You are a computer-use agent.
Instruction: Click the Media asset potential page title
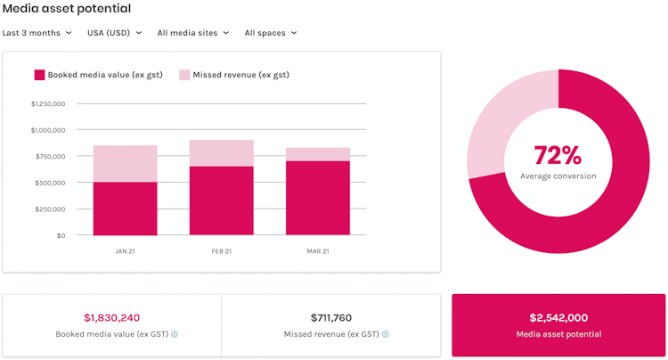pyautogui.click(x=67, y=9)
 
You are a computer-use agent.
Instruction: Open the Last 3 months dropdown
pyautogui.click(x=37, y=33)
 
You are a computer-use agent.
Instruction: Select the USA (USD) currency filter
pyautogui.click(x=113, y=33)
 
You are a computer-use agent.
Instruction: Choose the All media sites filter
pyautogui.click(x=192, y=33)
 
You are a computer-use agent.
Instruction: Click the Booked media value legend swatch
pyautogui.click(x=39, y=75)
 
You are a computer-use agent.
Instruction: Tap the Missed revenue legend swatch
pyautogui.click(x=184, y=75)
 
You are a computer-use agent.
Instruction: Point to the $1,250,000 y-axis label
pyautogui.click(x=48, y=103)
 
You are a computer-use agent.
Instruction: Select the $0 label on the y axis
pyautogui.click(x=61, y=235)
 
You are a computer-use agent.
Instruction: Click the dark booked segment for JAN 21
pyautogui.click(x=125, y=209)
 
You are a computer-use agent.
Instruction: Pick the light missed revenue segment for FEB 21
pyautogui.click(x=221, y=153)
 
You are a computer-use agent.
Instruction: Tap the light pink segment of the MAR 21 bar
pyautogui.click(x=318, y=154)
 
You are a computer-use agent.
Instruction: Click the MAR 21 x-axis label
pyautogui.click(x=318, y=251)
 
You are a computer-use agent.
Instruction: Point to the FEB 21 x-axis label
pyautogui.click(x=221, y=251)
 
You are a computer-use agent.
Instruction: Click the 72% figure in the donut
pyautogui.click(x=558, y=155)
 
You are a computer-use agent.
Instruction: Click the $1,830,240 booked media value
pyautogui.click(x=112, y=317)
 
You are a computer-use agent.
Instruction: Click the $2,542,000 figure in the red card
pyautogui.click(x=558, y=317)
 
